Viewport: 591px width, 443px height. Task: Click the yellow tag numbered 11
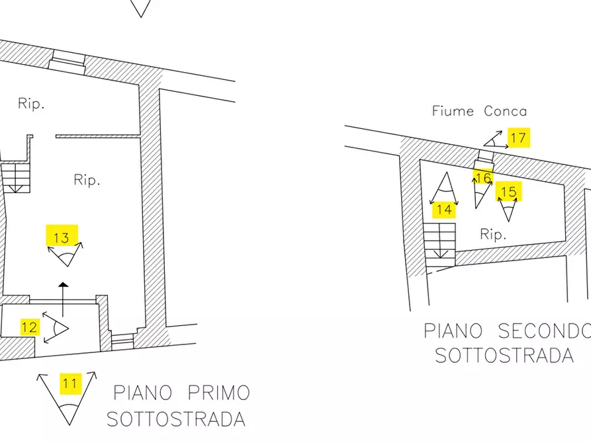click(x=70, y=383)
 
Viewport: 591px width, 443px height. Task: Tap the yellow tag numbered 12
click(x=29, y=327)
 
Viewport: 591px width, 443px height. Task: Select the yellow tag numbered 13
click(x=62, y=237)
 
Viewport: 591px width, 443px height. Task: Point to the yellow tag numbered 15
click(x=508, y=192)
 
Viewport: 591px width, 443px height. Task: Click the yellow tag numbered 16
click(x=483, y=178)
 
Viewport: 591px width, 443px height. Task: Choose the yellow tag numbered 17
click(x=518, y=138)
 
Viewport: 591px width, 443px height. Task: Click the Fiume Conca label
click(x=479, y=111)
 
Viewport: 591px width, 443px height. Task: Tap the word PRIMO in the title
click(x=218, y=393)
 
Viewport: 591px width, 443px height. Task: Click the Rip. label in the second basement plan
click(x=493, y=234)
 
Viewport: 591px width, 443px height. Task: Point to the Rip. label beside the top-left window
click(x=31, y=104)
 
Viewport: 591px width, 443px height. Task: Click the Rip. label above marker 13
click(x=87, y=180)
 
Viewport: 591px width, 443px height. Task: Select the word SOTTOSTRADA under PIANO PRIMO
click(x=175, y=419)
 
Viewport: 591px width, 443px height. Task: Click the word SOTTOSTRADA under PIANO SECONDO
click(x=504, y=355)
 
